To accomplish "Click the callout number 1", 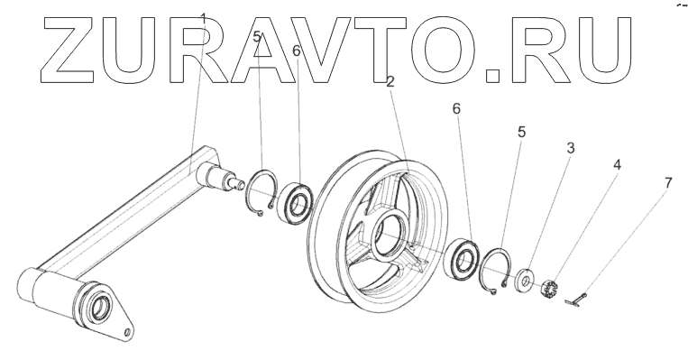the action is pyautogui.click(x=203, y=19).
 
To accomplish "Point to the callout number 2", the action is pyautogui.click(x=390, y=82).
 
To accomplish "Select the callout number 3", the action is pyautogui.click(x=571, y=148).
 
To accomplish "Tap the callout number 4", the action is pyautogui.click(x=617, y=165).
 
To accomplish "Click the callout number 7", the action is pyautogui.click(x=668, y=183).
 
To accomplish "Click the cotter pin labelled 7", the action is pyautogui.click(x=576, y=299).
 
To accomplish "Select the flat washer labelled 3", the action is pyautogui.click(x=524, y=279).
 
